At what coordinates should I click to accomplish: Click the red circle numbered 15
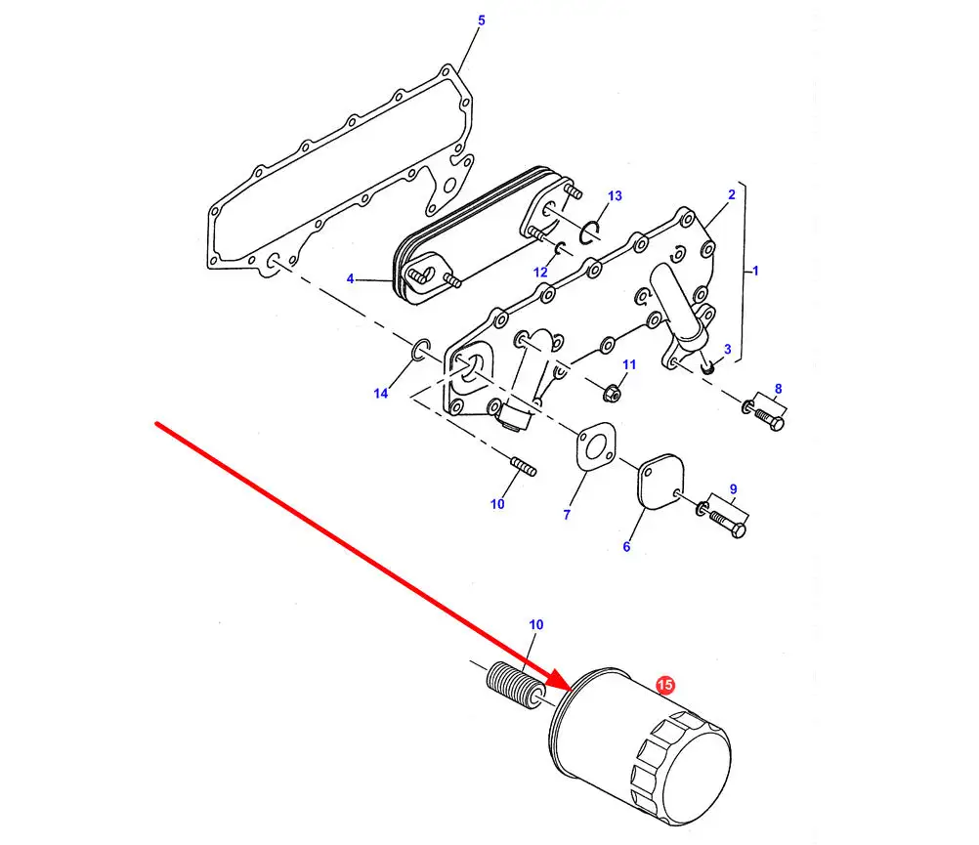[665, 685]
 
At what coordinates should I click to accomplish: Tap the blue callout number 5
[481, 21]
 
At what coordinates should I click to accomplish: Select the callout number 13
[615, 196]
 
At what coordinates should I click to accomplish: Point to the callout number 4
[350, 278]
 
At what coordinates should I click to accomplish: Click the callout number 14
[381, 393]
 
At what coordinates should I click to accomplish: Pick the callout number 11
[629, 364]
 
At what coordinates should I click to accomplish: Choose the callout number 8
[778, 389]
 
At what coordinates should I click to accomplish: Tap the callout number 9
[733, 489]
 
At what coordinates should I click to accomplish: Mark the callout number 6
[626, 547]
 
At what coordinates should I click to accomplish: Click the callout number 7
[567, 515]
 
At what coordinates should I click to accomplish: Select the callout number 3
[727, 349]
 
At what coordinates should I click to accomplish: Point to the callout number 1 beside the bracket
[755, 271]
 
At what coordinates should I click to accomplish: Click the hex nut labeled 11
[612, 393]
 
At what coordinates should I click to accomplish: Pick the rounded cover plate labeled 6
[660, 482]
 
